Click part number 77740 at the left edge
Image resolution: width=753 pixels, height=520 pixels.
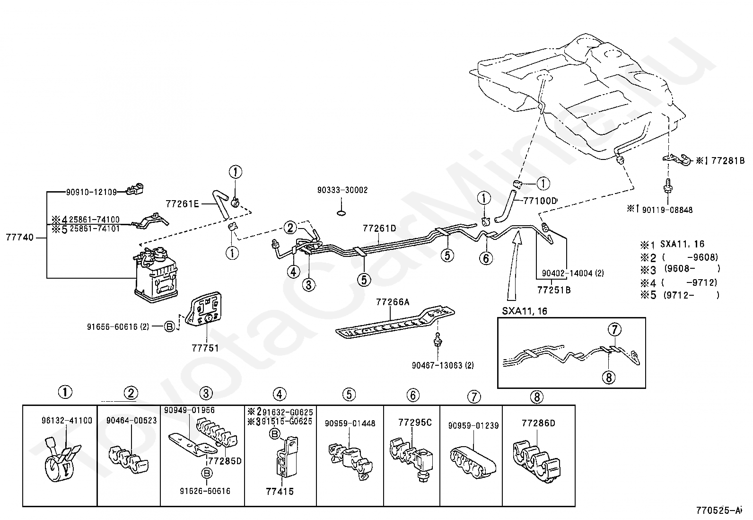pos(19,238)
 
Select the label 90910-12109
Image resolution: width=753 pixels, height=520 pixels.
pos(91,192)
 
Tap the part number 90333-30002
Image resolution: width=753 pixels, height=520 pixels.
pos(342,190)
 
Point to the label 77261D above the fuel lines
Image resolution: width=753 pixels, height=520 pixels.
pos(379,229)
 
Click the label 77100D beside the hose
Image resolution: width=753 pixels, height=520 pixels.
pos(540,201)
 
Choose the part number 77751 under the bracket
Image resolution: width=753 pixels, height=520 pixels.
pos(205,348)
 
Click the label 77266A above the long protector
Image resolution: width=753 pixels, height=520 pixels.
pos(393,302)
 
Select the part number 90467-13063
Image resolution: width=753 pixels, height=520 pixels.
pos(443,365)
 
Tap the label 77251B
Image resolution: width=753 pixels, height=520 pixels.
pos(554,290)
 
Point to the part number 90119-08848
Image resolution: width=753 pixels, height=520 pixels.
pos(667,210)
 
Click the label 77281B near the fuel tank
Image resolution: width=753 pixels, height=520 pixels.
pos(728,161)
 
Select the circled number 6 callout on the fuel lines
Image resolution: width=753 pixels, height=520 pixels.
pos(486,258)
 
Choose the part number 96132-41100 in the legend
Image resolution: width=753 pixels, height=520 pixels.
pos(67,421)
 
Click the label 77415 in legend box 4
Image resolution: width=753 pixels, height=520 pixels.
pos(280,492)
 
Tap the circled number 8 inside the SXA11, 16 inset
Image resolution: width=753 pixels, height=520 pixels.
pos(608,378)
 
